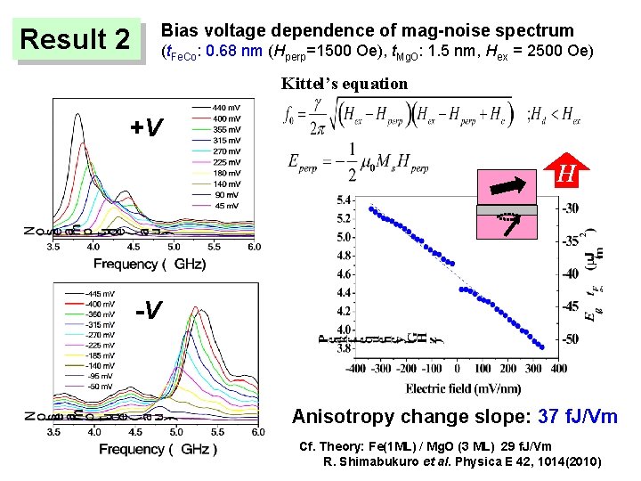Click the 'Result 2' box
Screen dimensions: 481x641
tap(76, 40)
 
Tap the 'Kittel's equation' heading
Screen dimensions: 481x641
tap(345, 85)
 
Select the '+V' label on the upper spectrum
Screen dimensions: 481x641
tap(146, 128)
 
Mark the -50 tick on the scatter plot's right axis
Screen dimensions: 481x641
tap(570, 338)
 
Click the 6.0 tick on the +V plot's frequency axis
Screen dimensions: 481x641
tap(254, 247)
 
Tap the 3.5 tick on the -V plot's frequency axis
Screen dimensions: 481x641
tap(54, 432)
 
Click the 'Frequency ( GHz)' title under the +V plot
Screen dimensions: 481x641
tap(150, 263)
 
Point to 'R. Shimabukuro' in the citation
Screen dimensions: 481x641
tap(364, 461)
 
